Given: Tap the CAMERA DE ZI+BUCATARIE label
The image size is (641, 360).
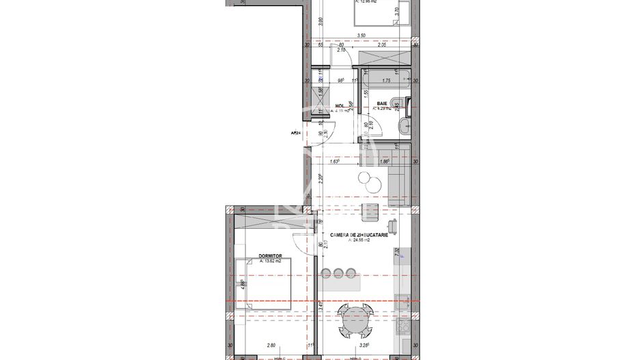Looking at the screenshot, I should pos(359,234).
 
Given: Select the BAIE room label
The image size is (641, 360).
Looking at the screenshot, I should pos(381,103).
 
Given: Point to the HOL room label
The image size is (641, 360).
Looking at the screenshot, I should pos(339,106).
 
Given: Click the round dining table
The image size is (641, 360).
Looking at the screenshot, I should pos(355,319).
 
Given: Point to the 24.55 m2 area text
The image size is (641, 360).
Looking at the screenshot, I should pos(359,240).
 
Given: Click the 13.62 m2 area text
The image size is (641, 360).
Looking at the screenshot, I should pos(274,262).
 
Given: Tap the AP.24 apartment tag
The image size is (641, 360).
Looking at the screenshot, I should pos(296,134).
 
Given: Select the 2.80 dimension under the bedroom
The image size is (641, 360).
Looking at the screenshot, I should pos(271,346).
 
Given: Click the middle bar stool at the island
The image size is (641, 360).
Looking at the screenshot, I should pos(338,273).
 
